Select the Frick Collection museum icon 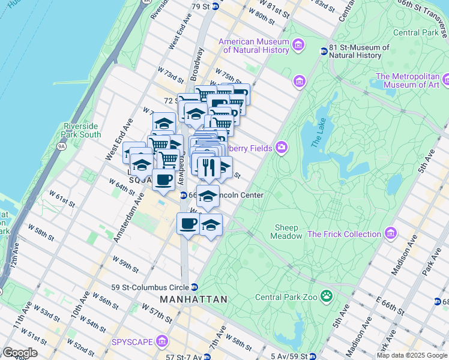tap(391, 233)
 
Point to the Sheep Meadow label tap(289, 232)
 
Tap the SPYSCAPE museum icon tap(161, 342)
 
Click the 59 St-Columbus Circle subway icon tap(194, 287)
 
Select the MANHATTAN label tap(193, 299)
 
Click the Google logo tap(19, 353)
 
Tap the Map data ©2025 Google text tap(411, 355)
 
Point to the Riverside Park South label tap(82, 130)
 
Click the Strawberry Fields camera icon tap(280, 148)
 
